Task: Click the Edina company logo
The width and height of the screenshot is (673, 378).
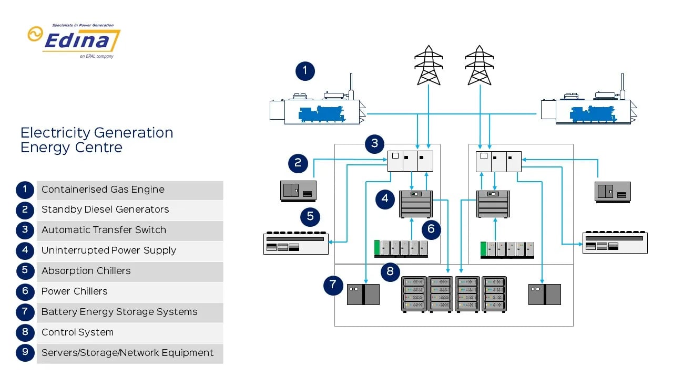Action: [x=74, y=40]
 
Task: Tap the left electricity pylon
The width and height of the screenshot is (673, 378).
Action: [x=429, y=65]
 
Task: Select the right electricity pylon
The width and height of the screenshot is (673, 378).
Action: [x=479, y=65]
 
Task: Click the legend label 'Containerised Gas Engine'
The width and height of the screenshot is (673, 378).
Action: [x=103, y=190]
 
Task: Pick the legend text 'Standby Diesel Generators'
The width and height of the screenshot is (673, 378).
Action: [x=105, y=209]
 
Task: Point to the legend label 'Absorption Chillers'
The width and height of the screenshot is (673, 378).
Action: [x=86, y=271]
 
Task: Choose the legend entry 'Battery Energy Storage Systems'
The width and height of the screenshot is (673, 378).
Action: [x=119, y=312]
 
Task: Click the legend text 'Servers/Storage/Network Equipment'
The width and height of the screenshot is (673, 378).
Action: [x=127, y=353]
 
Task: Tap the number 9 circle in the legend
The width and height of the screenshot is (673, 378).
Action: [x=25, y=352]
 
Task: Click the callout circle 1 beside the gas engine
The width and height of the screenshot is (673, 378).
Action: [x=305, y=71]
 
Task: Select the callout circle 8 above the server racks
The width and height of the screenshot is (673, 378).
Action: [x=390, y=271]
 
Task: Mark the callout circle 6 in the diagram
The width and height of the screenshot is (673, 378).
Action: [x=431, y=229]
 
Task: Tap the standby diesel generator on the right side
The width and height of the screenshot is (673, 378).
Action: [x=612, y=192]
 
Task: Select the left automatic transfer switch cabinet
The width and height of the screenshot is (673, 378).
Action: [x=410, y=161]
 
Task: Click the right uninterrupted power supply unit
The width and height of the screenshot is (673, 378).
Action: [x=493, y=204]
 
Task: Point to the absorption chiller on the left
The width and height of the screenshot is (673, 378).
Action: [x=295, y=244]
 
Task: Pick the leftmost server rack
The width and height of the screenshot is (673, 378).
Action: [x=414, y=294]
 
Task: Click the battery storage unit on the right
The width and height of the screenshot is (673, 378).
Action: [x=544, y=294]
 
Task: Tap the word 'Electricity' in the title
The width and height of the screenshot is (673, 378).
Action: [x=56, y=133]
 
